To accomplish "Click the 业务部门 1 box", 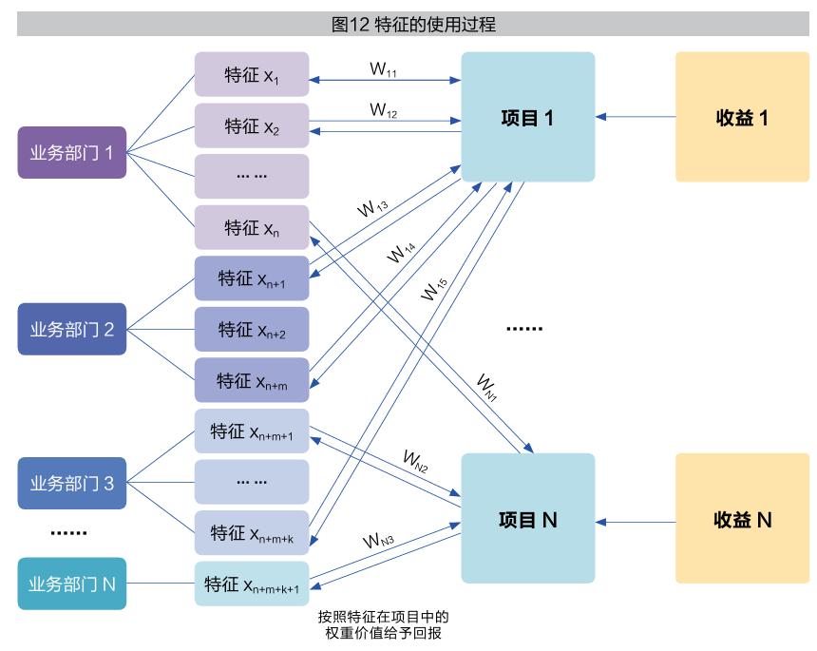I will pyautogui.click(x=72, y=152).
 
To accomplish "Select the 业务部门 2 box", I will pyautogui.click(x=72, y=330).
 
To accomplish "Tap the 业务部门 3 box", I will pyautogui.click(x=72, y=483).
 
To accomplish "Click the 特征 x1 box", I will pyautogui.click(x=252, y=74).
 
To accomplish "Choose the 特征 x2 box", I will pyautogui.click(x=252, y=125).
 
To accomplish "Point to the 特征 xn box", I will pyautogui.click(x=252, y=228).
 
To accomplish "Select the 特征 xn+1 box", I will pyautogui.click(x=252, y=278).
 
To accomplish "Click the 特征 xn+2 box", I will pyautogui.click(x=252, y=330).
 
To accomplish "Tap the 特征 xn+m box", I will pyautogui.click(x=252, y=380).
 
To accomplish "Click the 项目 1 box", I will pyautogui.click(x=527, y=117).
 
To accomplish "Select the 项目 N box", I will pyautogui.click(x=527, y=519).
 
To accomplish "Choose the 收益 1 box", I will pyautogui.click(x=742, y=117).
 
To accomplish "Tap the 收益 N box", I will pyautogui.click(x=742, y=519).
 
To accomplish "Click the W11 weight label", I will pyautogui.click(x=383, y=69).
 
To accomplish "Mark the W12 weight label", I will pyautogui.click(x=384, y=110).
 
